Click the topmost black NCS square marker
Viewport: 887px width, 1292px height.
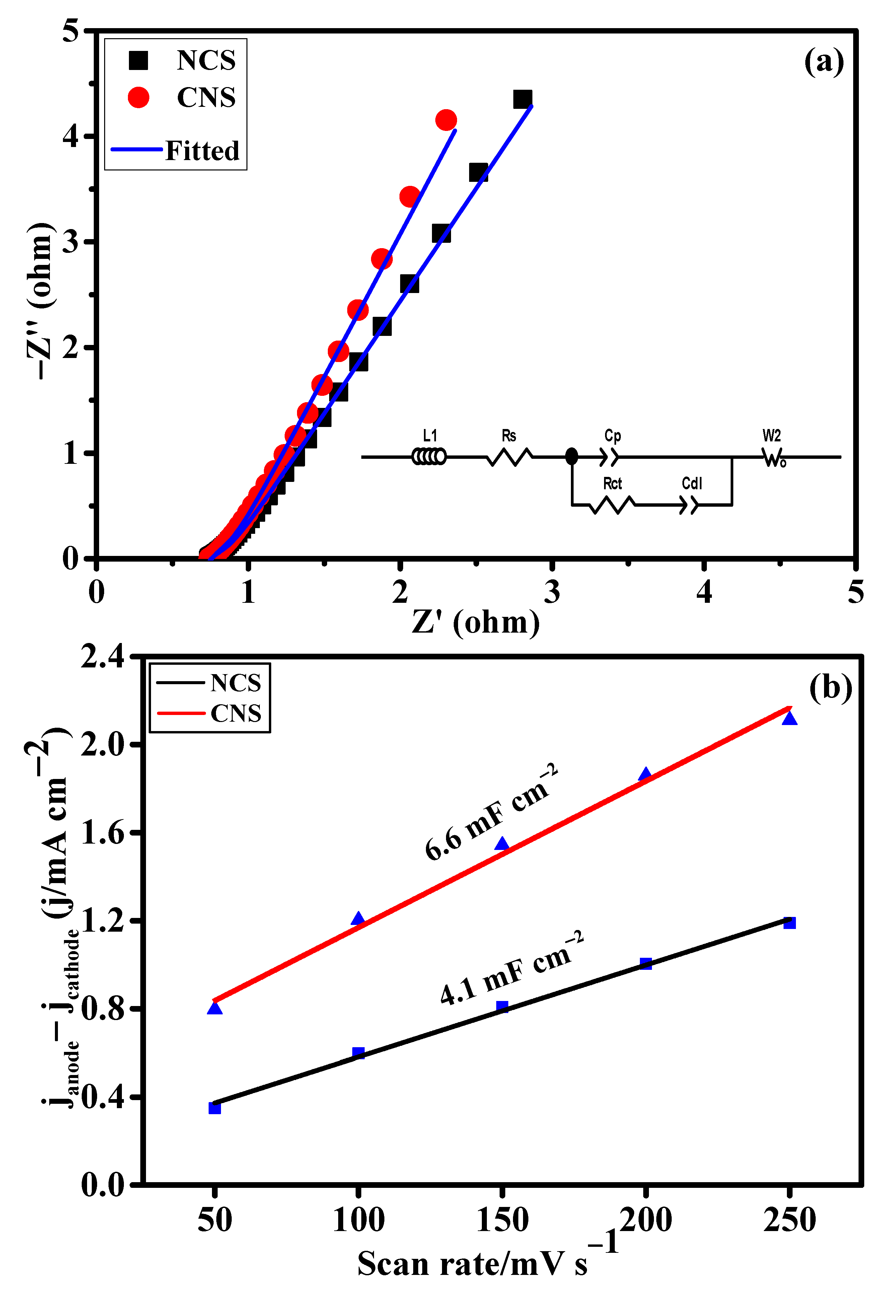(522, 99)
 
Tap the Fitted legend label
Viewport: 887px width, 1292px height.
(202, 151)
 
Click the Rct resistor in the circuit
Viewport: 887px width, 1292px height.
(612, 505)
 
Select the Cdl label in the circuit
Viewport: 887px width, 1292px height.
(692, 483)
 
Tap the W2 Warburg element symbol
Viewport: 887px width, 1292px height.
(773, 457)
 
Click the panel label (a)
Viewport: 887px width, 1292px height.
(824, 62)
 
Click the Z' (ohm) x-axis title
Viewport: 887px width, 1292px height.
(476, 622)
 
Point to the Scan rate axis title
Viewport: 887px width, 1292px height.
(472, 1264)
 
